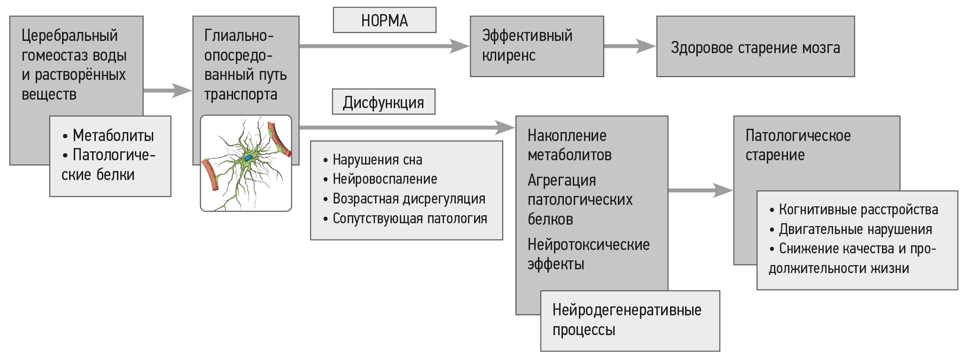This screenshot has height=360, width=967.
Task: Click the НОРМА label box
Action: (x=384, y=20)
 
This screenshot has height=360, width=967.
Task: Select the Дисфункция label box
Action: (x=383, y=102)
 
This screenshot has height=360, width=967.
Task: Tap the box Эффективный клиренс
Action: (x=537, y=46)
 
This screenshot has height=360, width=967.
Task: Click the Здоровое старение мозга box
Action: (x=755, y=47)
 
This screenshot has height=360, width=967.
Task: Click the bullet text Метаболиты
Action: (x=113, y=135)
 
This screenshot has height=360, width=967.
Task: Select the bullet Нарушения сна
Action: (x=377, y=160)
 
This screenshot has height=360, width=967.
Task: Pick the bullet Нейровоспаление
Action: (x=384, y=179)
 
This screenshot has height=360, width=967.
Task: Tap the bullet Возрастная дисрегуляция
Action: (x=408, y=199)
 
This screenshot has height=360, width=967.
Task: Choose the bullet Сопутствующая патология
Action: (x=409, y=219)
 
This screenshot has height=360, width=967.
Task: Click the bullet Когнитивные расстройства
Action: (x=858, y=210)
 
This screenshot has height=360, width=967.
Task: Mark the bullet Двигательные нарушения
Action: (x=855, y=229)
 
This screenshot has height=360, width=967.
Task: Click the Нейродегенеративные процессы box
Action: (x=630, y=321)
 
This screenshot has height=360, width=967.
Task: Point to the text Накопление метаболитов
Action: (x=569, y=145)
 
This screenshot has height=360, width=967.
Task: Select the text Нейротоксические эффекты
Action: (x=588, y=254)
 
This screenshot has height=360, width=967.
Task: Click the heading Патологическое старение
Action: (x=798, y=145)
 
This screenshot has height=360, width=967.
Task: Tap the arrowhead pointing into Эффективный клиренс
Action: (x=459, y=46)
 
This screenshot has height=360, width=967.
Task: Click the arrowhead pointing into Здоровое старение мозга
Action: (x=646, y=46)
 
